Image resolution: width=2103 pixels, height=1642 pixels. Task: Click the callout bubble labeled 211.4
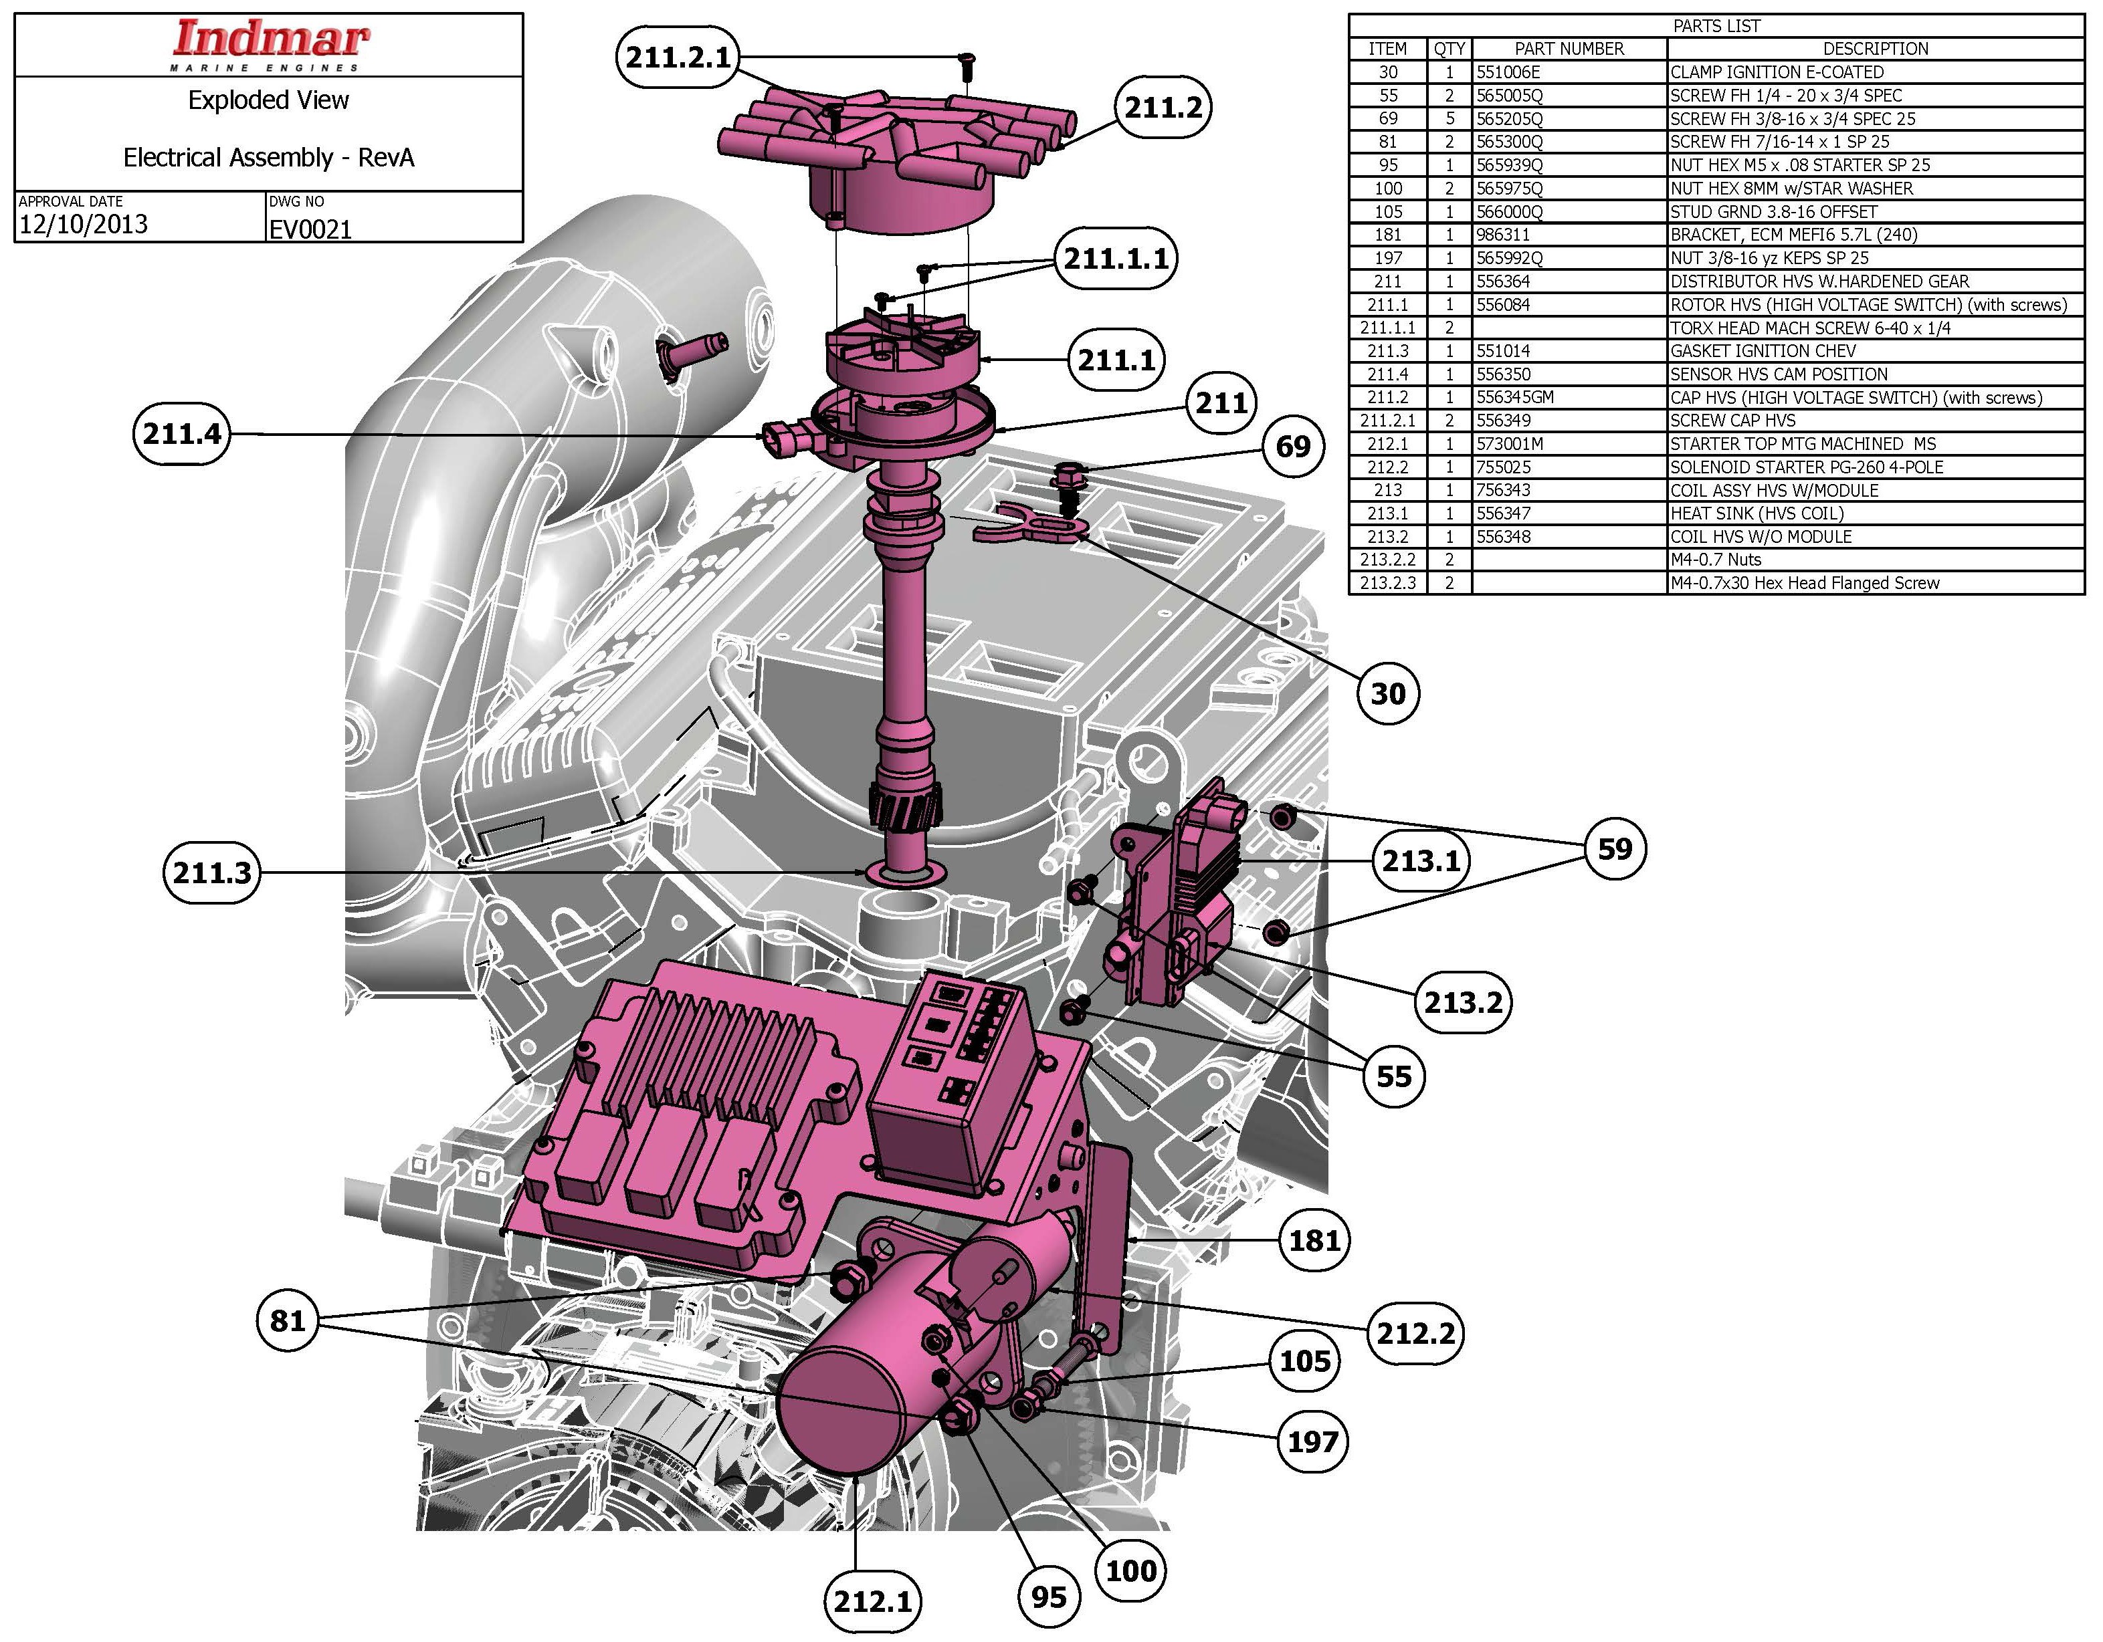point(182,434)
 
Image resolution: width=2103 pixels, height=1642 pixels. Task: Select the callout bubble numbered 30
point(1387,693)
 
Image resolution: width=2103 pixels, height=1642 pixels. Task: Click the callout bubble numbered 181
point(1314,1241)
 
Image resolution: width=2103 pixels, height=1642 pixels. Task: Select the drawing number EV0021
point(311,229)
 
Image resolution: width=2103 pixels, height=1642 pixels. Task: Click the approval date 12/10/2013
point(84,224)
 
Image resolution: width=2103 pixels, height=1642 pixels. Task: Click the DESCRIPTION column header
point(1875,49)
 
